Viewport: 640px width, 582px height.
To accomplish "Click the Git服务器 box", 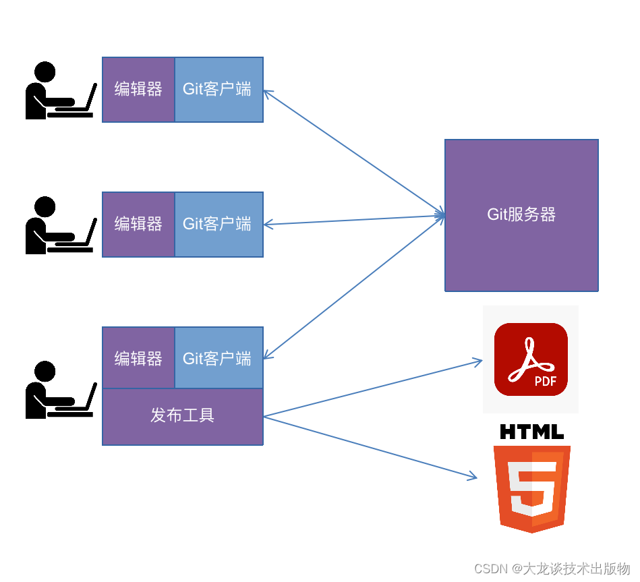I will [521, 215].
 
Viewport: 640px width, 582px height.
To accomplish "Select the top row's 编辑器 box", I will [138, 89].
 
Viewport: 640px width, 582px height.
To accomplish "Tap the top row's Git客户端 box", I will [219, 89].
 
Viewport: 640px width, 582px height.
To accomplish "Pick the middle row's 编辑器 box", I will [138, 224].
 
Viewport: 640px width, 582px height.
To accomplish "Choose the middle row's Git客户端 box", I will [219, 224].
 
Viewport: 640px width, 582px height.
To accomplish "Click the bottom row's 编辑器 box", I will [138, 358].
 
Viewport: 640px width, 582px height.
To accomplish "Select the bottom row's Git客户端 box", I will [219, 358].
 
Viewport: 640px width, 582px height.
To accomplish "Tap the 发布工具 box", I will [182, 416].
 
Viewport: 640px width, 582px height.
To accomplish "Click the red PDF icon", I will [531, 359].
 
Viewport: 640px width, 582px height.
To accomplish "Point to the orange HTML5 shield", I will [531, 488].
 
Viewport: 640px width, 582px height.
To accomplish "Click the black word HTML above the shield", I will [531, 432].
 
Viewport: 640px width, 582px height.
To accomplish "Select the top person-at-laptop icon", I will [59, 91].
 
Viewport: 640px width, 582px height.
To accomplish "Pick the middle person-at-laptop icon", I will [59, 226].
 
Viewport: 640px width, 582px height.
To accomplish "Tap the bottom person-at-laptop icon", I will [59, 390].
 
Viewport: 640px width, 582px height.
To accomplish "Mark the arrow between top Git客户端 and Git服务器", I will [354, 153].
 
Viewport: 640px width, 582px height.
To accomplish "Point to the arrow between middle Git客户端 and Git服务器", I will [354, 220].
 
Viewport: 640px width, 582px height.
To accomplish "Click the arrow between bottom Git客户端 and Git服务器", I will [354, 288].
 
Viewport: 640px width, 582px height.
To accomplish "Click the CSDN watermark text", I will [552, 569].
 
